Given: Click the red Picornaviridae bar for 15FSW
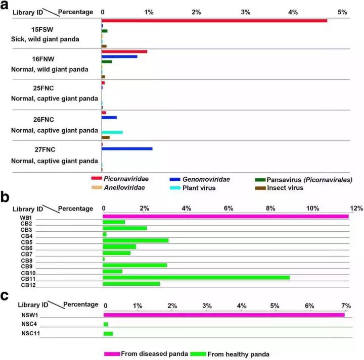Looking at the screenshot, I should pyautogui.click(x=214, y=21).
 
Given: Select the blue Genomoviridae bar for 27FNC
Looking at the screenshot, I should pyautogui.click(x=127, y=148).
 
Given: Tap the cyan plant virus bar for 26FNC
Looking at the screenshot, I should pyautogui.click(x=112, y=132).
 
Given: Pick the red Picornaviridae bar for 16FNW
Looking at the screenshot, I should pyautogui.click(x=124, y=52).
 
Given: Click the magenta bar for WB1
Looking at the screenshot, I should pyautogui.click(x=225, y=217).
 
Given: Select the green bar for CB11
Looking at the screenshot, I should pyautogui.click(x=196, y=277).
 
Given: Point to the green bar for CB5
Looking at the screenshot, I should pyautogui.click(x=135, y=240).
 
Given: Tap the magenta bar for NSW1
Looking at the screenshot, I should pyautogui.click(x=224, y=315).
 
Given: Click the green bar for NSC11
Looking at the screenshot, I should pyautogui.click(x=108, y=334).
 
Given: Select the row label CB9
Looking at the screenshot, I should pyautogui.click(x=27, y=266).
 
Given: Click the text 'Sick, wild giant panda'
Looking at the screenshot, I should pyautogui.click(x=45, y=39).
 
